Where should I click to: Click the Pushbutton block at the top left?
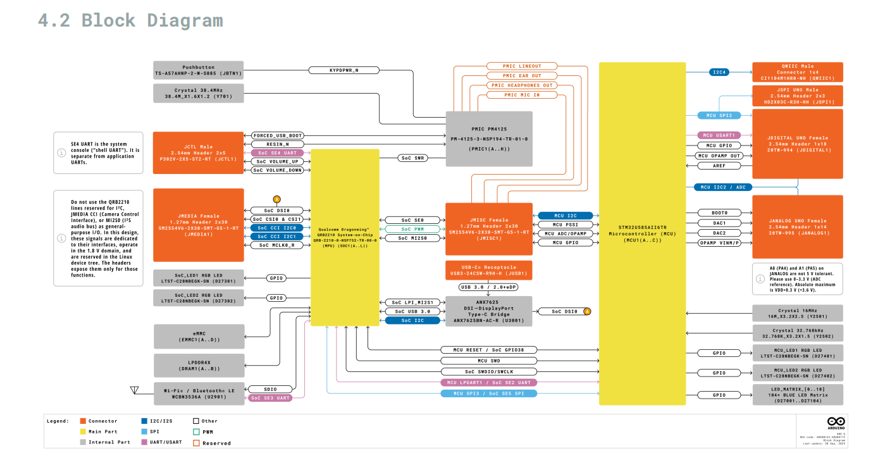199,70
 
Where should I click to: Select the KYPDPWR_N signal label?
344,70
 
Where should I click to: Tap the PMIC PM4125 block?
489,139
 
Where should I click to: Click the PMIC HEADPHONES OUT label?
522,85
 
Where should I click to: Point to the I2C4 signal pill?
720,73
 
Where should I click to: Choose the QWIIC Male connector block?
797,72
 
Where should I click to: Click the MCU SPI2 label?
719,116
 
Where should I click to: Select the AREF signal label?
719,166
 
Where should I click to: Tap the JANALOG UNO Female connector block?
797,227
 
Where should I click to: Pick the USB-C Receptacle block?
489,270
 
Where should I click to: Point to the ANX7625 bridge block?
489,311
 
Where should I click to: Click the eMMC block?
199,337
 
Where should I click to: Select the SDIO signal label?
270,389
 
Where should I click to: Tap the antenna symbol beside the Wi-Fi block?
134,390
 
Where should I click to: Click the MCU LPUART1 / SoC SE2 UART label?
488,383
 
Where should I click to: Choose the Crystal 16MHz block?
797,313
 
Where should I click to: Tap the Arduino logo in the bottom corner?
836,422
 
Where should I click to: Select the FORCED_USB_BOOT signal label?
278,135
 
